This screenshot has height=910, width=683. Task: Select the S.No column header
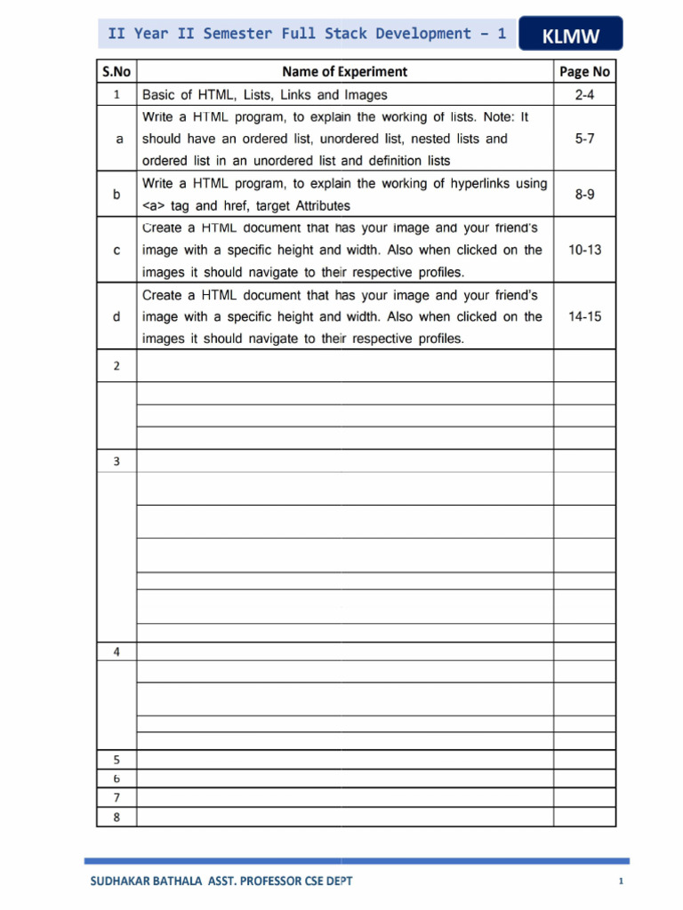117,72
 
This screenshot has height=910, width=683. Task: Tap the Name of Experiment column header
344,72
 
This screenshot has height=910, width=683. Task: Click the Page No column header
584,72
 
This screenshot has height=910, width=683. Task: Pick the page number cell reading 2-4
584,94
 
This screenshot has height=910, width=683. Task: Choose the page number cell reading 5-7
584,139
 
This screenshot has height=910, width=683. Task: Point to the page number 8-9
584,194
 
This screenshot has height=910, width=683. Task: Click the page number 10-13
584,250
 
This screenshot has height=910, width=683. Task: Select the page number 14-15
584,316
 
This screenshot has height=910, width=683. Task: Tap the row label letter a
117,139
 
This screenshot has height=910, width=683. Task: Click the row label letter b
117,194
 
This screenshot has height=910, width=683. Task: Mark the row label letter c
117,250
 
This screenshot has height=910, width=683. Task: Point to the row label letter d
117,316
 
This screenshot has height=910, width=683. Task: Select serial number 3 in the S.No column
117,460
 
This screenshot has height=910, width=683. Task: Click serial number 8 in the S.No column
117,818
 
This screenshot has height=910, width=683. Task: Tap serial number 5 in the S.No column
117,760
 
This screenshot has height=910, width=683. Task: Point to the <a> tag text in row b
157,205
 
